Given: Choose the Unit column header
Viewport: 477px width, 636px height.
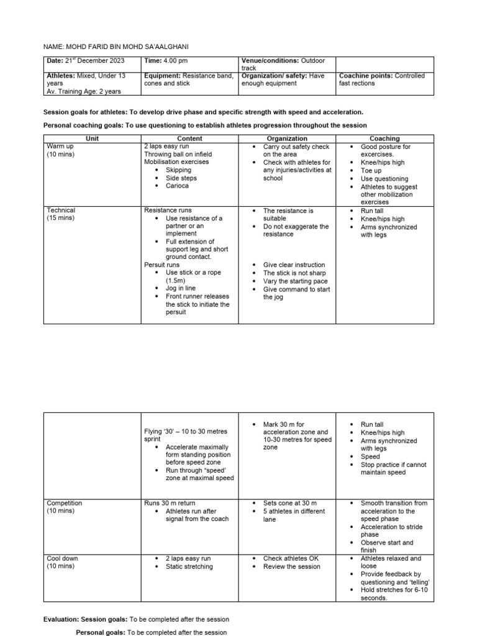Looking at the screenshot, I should pyautogui.click(x=93, y=139).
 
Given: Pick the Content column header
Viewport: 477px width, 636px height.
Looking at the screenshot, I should pyautogui.click(x=189, y=139).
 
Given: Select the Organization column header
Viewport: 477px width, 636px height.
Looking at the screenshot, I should pyautogui.click(x=287, y=139).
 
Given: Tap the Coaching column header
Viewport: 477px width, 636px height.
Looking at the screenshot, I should pyautogui.click(x=384, y=139).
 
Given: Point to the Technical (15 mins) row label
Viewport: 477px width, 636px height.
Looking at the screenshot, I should pyautogui.click(x=61, y=214).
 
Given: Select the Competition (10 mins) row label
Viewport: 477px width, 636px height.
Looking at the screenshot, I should pyautogui.click(x=65, y=507).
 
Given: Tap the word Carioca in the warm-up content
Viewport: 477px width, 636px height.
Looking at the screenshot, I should pyautogui.click(x=177, y=186).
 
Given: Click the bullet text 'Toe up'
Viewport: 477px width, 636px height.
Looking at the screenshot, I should pyautogui.click(x=371, y=170).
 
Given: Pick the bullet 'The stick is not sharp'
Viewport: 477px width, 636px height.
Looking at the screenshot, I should pyautogui.click(x=294, y=273).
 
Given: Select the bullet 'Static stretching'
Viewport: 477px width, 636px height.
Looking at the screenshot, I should pyautogui.click(x=189, y=566).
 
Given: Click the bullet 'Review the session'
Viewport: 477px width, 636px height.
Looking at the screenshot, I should pyautogui.click(x=292, y=566).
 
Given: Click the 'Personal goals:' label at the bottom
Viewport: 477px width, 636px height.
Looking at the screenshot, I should pyautogui.click(x=101, y=632).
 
